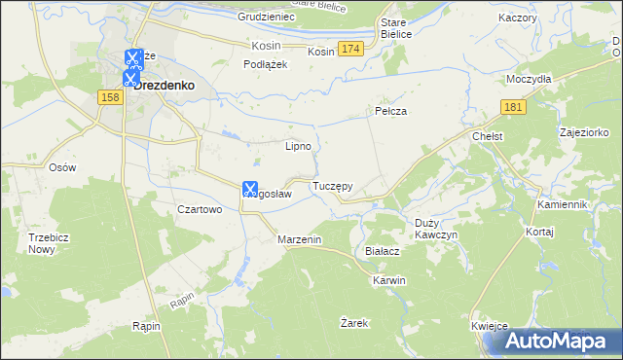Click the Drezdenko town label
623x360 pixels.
165,85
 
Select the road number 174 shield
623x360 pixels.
352,49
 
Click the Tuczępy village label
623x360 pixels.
332,185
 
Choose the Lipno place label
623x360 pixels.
298,147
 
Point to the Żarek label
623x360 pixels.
354,322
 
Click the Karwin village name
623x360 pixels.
388,280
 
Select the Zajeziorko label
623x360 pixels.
584,131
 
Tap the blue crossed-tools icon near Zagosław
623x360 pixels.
249,188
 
